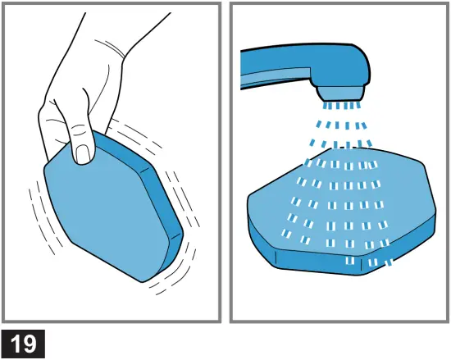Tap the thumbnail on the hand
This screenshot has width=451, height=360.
(83, 153)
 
